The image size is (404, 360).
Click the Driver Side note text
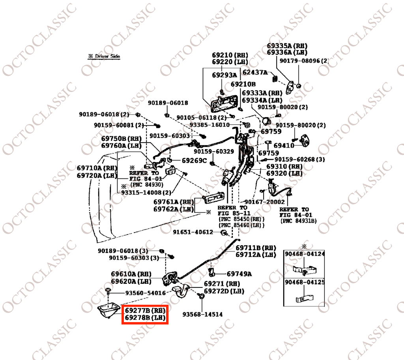pyautogui.click(x=104, y=56)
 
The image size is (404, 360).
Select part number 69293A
pyautogui.click(x=224, y=75)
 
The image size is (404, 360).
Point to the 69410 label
pyautogui.click(x=284, y=146)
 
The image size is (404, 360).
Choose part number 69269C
pyautogui.click(x=194, y=161)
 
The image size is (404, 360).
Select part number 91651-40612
pyautogui.click(x=193, y=232)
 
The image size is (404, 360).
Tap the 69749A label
pyautogui.click(x=239, y=274)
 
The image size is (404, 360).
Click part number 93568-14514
pyautogui.click(x=202, y=315)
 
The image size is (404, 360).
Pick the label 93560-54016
pyautogui.click(x=146, y=293)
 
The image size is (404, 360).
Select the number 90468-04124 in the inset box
pyautogui.click(x=305, y=254)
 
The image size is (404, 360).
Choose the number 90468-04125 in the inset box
pyautogui.click(x=305, y=283)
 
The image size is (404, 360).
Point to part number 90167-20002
pyautogui.click(x=264, y=202)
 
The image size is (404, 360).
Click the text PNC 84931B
pyautogui.click(x=298, y=221)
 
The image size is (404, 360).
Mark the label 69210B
pyautogui.click(x=243, y=84)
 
